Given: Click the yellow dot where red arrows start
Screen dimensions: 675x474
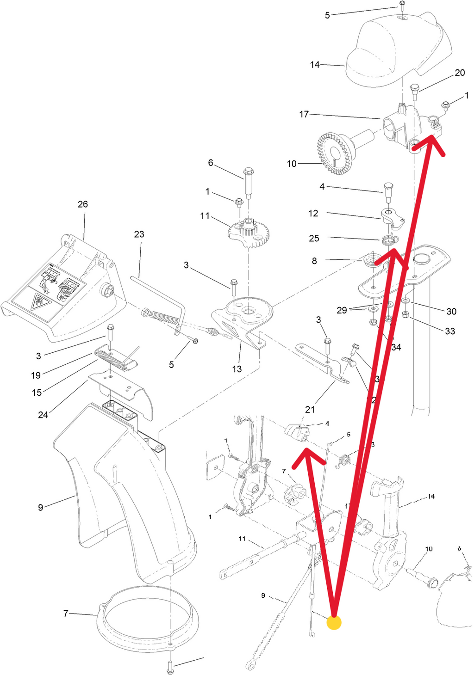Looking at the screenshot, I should [x=334, y=622].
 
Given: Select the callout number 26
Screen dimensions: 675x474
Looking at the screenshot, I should [x=82, y=204].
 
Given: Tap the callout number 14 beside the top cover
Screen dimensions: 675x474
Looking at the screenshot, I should [x=315, y=65].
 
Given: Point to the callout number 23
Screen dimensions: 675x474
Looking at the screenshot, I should [x=139, y=234].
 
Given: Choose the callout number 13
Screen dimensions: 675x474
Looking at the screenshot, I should [x=237, y=369].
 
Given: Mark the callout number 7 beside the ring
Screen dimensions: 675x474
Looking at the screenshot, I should [x=66, y=614].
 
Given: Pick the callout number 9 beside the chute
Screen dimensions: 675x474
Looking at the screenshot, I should [x=41, y=508].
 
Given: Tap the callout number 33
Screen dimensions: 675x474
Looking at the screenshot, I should [x=449, y=331].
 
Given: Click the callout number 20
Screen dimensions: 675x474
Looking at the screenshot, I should [x=460, y=73].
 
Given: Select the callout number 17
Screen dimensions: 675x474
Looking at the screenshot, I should [x=304, y=114].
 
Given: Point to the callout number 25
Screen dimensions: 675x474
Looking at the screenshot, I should [x=314, y=238].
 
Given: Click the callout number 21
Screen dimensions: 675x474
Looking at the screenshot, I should [x=310, y=409].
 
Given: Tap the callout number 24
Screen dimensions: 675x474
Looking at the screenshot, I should [x=43, y=415].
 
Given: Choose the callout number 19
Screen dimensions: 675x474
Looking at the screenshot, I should [x=36, y=375].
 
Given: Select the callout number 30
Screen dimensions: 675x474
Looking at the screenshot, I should [x=451, y=311].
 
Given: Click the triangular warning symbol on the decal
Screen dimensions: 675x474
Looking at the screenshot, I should [x=37, y=303].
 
